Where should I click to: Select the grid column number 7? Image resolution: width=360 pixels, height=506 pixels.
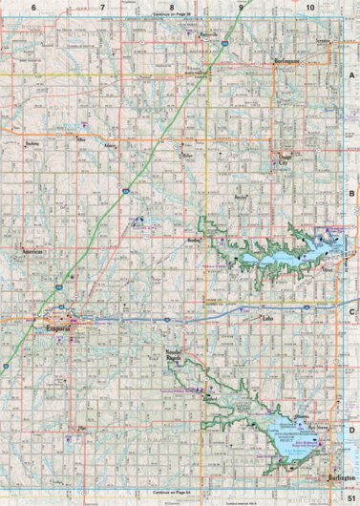click(x=103, y=8)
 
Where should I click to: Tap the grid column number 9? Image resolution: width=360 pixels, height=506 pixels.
click(x=241, y=8)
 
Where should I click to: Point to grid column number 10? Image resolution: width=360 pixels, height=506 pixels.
click(x=309, y=8)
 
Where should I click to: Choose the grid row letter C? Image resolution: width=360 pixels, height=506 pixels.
click(x=351, y=311)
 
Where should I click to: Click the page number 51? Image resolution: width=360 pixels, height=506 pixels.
click(x=351, y=498)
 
